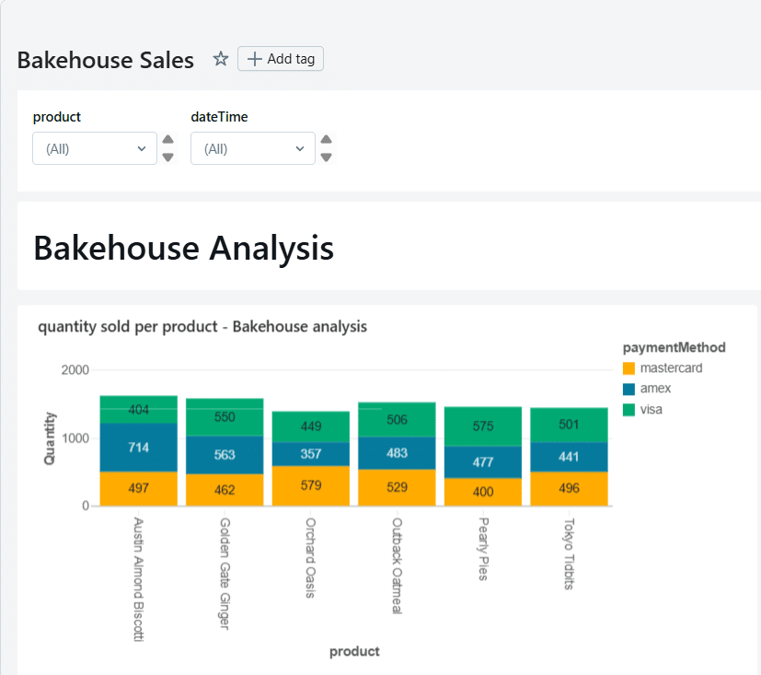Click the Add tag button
[x=281, y=59]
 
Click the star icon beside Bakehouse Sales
[x=221, y=59]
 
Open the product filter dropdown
[x=95, y=148]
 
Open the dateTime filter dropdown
[x=253, y=148]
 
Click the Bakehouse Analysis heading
[x=183, y=248]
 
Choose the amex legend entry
[x=655, y=389]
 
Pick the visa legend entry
[x=651, y=409]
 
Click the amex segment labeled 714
[x=139, y=448]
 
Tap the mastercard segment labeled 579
[x=311, y=485]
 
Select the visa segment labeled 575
[x=482, y=427]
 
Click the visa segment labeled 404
[x=139, y=410]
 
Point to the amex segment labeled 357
[x=311, y=454]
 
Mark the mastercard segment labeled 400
[x=482, y=492]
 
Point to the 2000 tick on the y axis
[x=75, y=370]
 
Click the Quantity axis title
[x=50, y=438]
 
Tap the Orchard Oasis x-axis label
[x=311, y=557]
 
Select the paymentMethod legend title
[x=674, y=347]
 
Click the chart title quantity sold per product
[x=202, y=327]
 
